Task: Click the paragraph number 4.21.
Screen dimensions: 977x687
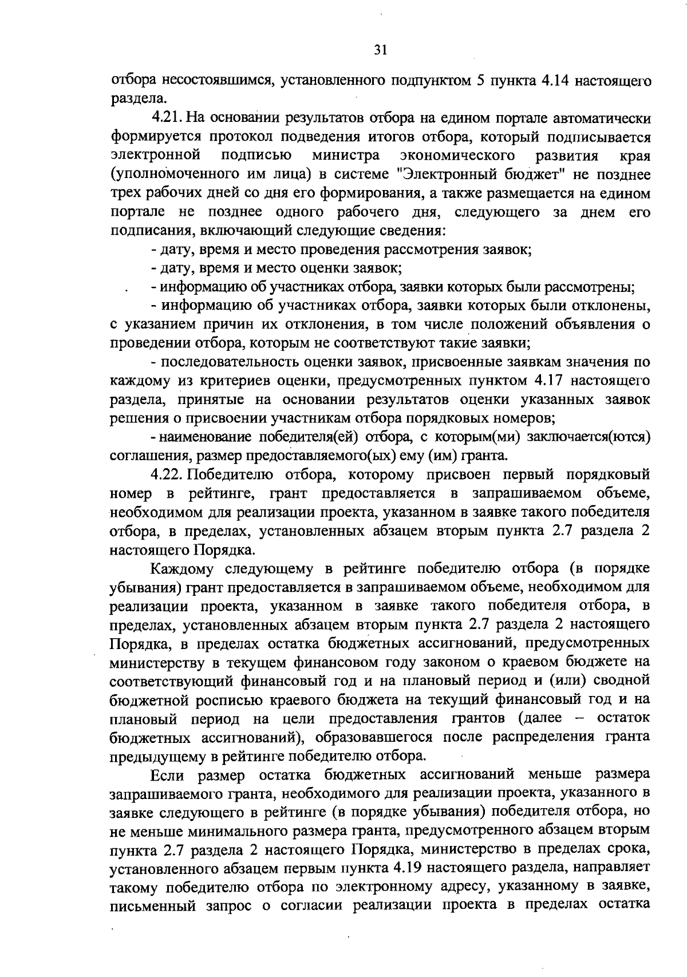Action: tap(166, 118)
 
